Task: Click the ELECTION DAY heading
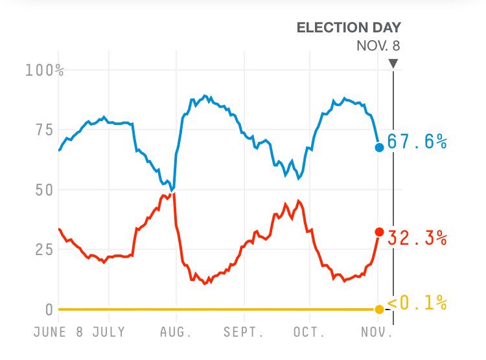click(x=349, y=27)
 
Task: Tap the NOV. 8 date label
click(x=378, y=46)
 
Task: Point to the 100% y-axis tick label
click(x=44, y=70)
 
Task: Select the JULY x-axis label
click(x=109, y=332)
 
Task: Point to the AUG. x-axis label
click(x=176, y=332)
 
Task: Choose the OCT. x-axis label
click(x=309, y=332)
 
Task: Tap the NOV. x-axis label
click(x=376, y=332)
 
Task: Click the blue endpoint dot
click(x=379, y=148)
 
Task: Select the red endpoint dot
click(x=379, y=232)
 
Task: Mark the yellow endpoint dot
click(x=379, y=309)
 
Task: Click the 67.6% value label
click(x=417, y=142)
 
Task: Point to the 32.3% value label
click(x=417, y=238)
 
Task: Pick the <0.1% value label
click(x=417, y=302)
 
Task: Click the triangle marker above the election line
click(x=393, y=63)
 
